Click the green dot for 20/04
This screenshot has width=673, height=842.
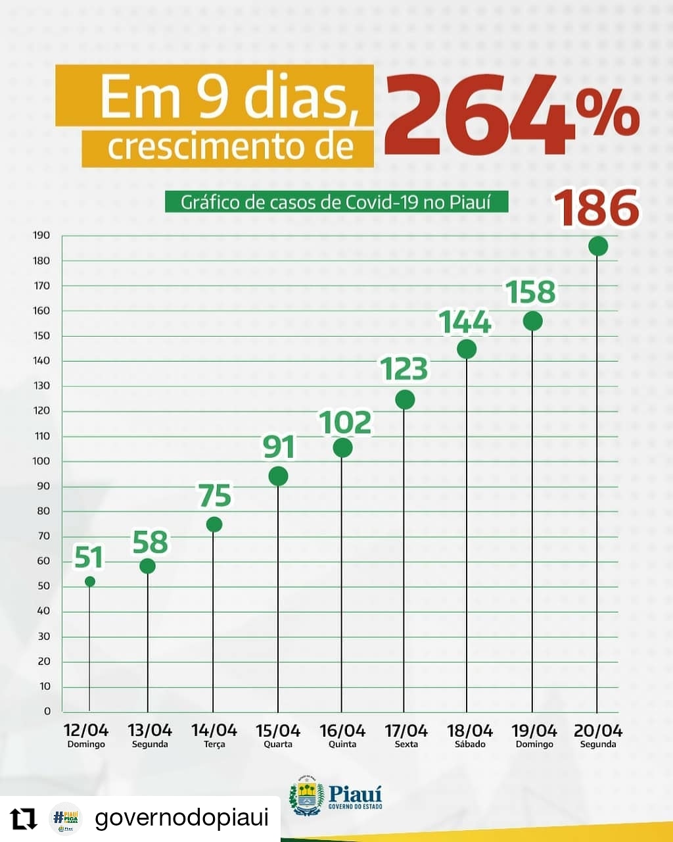point(598,246)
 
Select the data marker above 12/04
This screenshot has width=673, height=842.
point(90,582)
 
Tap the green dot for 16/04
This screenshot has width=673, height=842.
point(342,448)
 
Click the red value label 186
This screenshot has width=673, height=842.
point(597,208)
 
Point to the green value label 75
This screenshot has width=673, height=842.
point(214,496)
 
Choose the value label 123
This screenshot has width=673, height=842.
point(405,369)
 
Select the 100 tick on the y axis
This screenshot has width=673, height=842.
point(42,461)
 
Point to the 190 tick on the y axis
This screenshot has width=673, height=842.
point(42,235)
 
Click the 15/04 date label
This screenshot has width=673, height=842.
point(278,731)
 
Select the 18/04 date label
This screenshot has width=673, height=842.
point(470,731)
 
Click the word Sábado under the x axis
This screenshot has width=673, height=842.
point(470,745)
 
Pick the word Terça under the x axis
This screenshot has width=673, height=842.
point(214,745)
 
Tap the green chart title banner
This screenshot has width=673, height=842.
point(336,202)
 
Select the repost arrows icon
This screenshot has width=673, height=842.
point(24,819)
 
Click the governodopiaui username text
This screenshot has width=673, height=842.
point(182,818)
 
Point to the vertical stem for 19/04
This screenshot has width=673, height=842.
point(532,526)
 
